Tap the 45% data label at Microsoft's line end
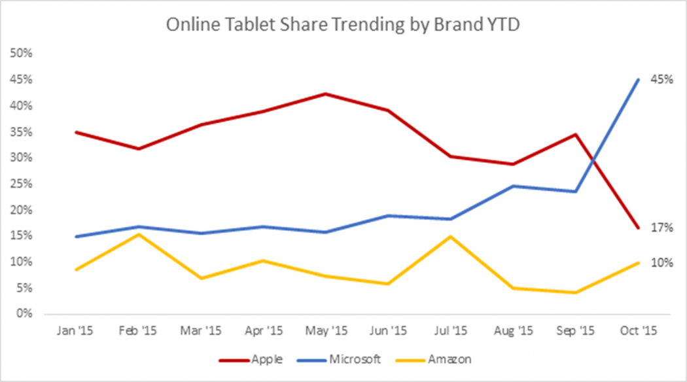tap(661, 79)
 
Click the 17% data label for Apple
tap(661, 228)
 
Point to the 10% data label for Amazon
tap(661, 263)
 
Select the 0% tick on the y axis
tap(25, 314)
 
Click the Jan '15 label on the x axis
tap(76, 331)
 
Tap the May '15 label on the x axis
tap(326, 331)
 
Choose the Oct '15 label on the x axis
tap(638, 331)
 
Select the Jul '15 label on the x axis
tap(451, 331)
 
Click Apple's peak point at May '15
tap(326, 94)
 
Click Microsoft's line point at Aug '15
tap(514, 186)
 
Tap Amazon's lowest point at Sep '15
tap(576, 292)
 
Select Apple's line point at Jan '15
tap(76, 132)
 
